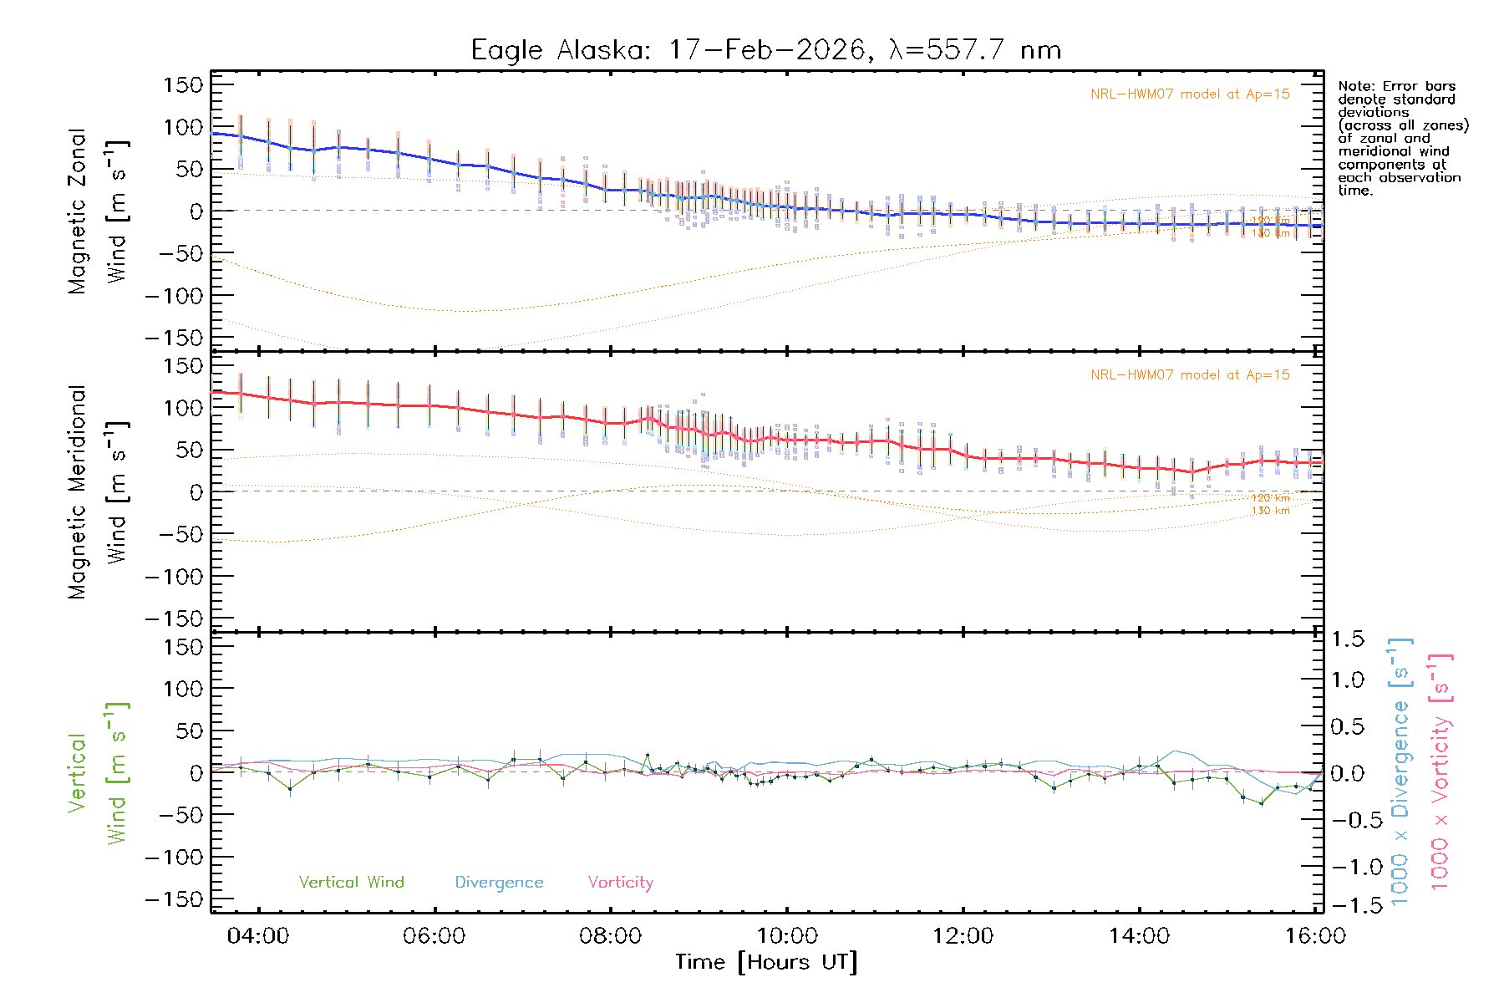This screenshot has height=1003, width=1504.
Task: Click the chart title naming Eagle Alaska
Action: click(765, 50)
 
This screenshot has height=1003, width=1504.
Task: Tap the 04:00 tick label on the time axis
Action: click(258, 935)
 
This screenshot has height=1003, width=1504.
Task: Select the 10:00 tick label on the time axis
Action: click(787, 935)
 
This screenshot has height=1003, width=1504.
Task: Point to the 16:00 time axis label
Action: click(1315, 935)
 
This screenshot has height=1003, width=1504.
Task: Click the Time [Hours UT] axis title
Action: click(766, 962)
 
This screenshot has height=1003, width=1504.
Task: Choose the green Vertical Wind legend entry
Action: click(351, 882)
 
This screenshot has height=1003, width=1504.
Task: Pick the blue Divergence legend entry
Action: click(499, 882)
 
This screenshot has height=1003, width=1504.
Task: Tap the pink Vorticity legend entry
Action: click(620, 882)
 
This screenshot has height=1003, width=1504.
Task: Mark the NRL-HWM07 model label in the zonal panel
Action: click(1190, 94)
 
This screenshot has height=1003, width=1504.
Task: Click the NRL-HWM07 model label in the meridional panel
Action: click(1190, 374)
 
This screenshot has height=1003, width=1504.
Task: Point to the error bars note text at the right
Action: click(1402, 138)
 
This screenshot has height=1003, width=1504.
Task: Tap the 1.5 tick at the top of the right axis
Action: click(1347, 639)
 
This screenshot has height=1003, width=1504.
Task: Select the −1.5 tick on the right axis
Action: click(1347, 904)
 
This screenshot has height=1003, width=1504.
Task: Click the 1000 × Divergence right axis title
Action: click(1400, 771)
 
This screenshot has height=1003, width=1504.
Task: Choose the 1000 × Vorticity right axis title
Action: click(1440, 771)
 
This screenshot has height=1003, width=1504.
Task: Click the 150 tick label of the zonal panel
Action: click(183, 84)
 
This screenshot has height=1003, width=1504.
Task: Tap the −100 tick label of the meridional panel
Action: click(175, 576)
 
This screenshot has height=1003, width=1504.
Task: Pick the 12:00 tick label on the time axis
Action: click(963, 935)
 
